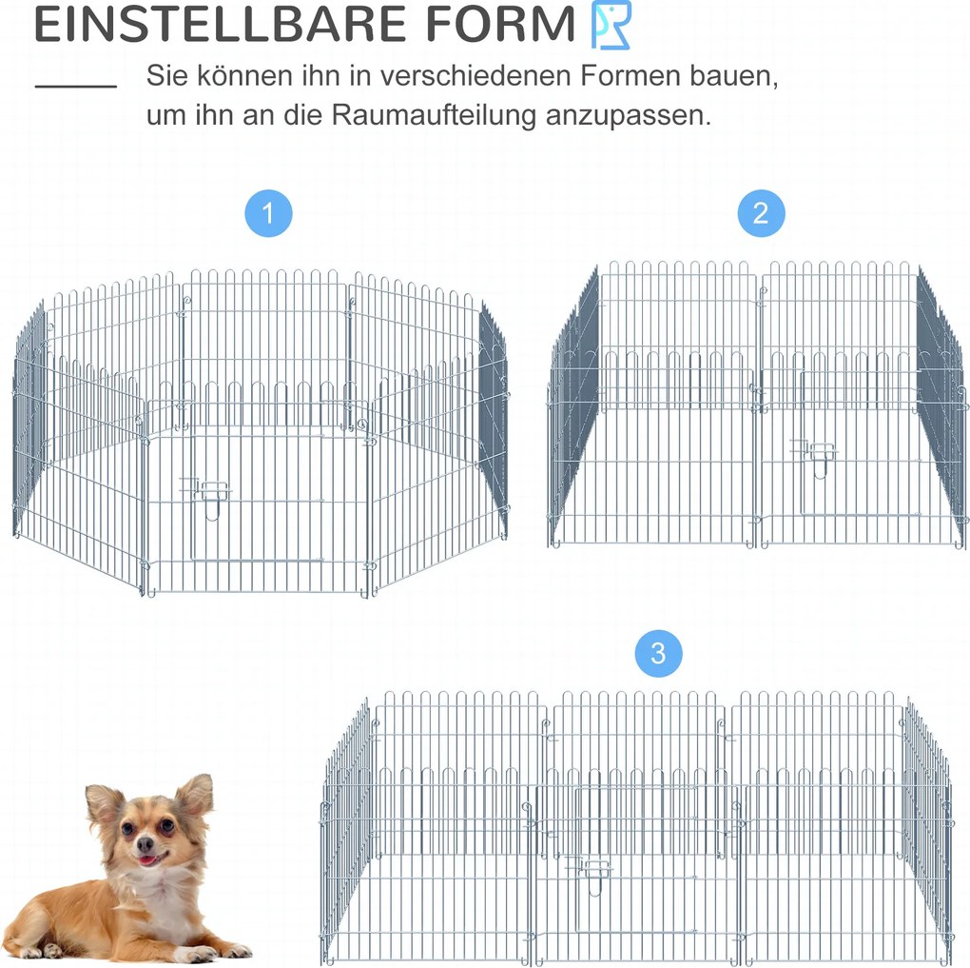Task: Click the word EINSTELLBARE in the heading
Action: (219, 25)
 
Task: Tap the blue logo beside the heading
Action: (611, 25)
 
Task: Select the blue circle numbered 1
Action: (268, 213)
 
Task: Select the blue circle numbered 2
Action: (761, 213)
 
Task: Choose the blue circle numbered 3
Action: (658, 653)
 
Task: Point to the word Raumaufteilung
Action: (434, 115)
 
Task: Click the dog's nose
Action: (145, 843)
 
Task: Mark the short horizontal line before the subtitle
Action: (76, 86)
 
